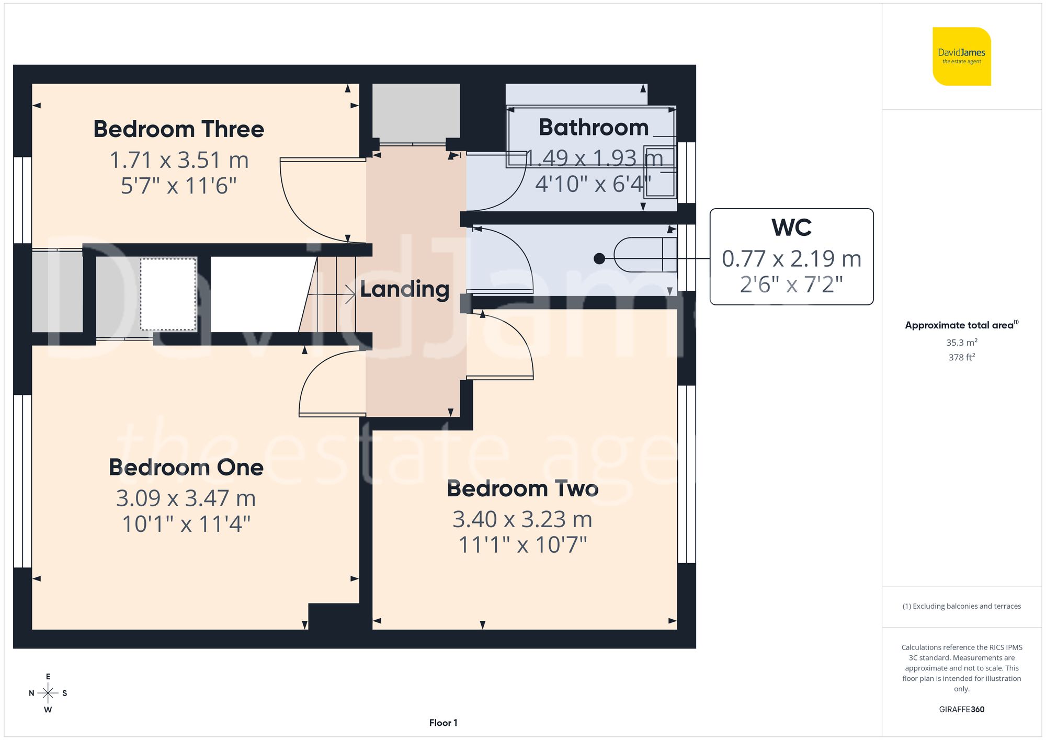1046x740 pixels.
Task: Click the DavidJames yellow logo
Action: (961, 56)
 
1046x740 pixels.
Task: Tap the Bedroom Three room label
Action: (178, 129)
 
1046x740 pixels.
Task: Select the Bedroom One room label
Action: (186, 467)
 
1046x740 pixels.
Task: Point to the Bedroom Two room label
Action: (522, 488)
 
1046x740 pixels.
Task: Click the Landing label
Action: (405, 289)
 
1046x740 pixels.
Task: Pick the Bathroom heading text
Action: (593, 128)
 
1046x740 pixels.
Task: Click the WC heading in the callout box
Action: (791, 227)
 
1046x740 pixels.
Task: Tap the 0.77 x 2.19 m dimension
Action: (791, 258)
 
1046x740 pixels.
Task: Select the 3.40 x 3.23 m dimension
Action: (522, 519)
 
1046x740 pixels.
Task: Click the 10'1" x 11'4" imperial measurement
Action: (186, 524)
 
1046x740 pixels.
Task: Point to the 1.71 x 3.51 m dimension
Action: (178, 160)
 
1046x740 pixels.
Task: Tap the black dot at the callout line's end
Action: (599, 258)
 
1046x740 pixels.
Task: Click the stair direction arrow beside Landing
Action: (349, 294)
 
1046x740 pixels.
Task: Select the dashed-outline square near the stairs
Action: (167, 294)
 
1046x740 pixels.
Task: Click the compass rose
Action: (48, 693)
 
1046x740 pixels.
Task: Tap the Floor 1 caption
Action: (443, 723)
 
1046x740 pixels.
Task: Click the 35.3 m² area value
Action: (961, 343)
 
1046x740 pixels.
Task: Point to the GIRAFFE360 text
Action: (961, 709)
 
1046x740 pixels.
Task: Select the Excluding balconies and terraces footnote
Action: (961, 606)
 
